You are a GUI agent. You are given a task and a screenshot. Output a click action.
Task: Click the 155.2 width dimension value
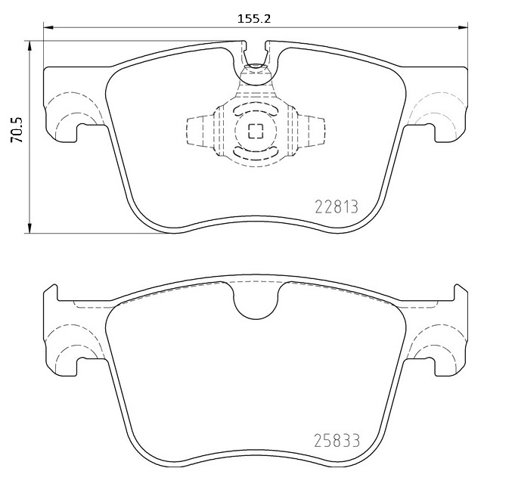coord(254,19)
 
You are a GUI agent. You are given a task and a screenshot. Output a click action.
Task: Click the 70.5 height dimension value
coord(17,129)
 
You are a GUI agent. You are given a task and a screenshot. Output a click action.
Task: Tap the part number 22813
coord(337,207)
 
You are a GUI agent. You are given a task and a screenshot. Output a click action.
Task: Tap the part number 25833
coord(337,440)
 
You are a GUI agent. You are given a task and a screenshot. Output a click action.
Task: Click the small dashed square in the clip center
coord(256,132)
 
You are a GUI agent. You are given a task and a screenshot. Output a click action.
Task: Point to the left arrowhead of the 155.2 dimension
coord(48,27)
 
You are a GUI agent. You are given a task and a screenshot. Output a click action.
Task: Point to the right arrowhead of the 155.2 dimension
coord(463,27)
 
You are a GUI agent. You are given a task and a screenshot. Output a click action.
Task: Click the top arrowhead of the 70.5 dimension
coord(30,45)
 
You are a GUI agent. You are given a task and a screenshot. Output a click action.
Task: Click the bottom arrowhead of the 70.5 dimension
coord(30,228)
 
